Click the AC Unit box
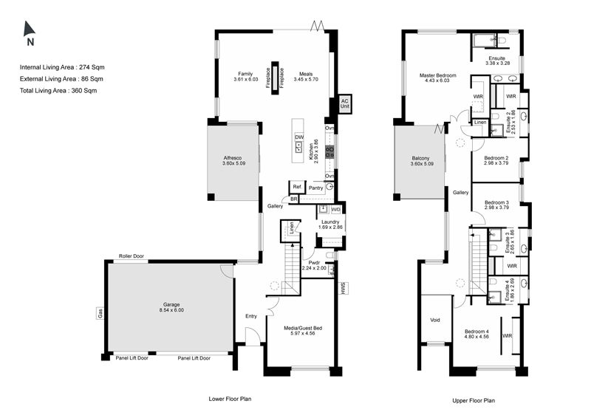(x=344, y=103)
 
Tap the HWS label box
(x=344, y=288)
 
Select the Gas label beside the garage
(x=100, y=314)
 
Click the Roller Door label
(x=131, y=256)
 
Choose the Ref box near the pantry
(x=297, y=187)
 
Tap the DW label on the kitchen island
(x=299, y=137)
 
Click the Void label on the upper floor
(x=435, y=320)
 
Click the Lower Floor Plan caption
(x=230, y=399)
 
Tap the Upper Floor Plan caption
(x=474, y=401)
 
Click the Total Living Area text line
(x=58, y=90)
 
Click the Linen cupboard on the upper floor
(x=480, y=123)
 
